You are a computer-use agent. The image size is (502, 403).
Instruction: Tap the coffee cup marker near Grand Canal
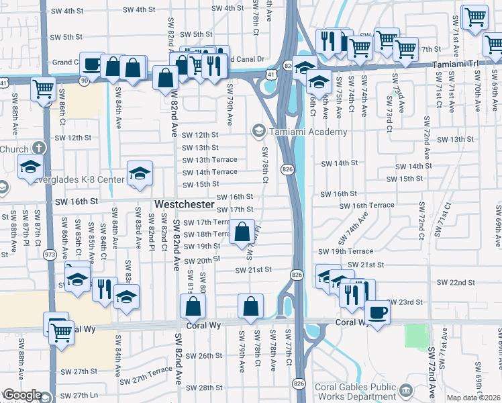[x=91, y=64]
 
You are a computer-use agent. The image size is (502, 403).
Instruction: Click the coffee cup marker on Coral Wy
[x=376, y=313]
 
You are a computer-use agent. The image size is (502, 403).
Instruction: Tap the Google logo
[x=21, y=396]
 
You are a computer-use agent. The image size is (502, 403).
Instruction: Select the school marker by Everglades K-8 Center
[x=139, y=173]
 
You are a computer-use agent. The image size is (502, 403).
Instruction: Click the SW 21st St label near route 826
[x=252, y=270]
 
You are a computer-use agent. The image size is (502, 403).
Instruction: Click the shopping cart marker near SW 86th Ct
[x=43, y=88]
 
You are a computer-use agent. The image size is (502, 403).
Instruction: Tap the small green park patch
[x=416, y=336]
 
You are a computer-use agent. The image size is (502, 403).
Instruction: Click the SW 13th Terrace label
[x=210, y=160]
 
